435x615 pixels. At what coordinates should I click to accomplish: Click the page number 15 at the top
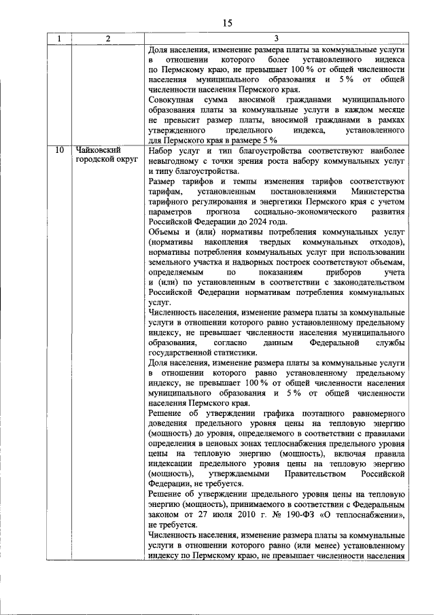(227, 23)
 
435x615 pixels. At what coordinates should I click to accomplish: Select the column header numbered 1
(59, 39)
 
